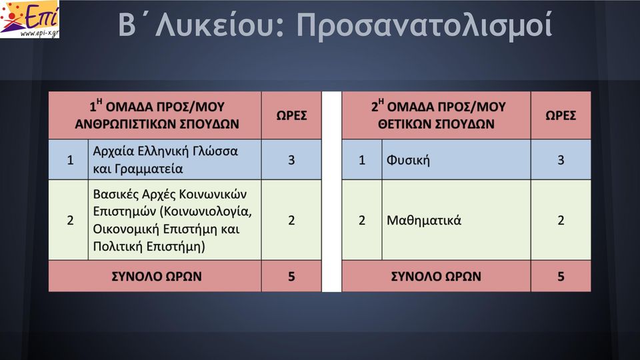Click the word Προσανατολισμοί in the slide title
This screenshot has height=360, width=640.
pyautogui.click(x=425, y=25)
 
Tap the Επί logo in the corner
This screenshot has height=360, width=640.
pyautogui.click(x=30, y=19)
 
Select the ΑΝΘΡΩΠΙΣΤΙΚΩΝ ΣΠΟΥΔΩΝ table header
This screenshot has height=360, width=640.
pyautogui.click(x=157, y=115)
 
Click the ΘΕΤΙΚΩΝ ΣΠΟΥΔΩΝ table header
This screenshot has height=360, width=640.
pyautogui.click(x=436, y=115)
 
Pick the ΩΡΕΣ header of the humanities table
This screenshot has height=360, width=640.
pyautogui.click(x=291, y=115)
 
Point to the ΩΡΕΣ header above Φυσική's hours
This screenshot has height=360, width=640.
pyautogui.click(x=561, y=115)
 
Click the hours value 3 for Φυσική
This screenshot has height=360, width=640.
pyautogui.click(x=561, y=160)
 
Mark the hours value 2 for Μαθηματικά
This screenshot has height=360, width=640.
pyautogui.click(x=561, y=221)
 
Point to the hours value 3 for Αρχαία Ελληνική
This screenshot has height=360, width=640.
pyautogui.click(x=291, y=160)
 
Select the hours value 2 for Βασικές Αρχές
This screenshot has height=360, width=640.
pyautogui.click(x=291, y=221)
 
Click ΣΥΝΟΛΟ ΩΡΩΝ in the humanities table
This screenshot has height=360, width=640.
pyautogui.click(x=157, y=276)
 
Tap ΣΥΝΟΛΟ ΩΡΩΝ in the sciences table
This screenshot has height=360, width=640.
pyautogui.click(x=436, y=276)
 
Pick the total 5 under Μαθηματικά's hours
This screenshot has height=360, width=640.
pyautogui.click(x=561, y=276)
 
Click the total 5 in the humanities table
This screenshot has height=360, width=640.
pyautogui.click(x=291, y=276)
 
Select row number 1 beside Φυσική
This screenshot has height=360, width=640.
pyautogui.click(x=362, y=160)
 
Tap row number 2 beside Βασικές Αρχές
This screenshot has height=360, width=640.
pyautogui.click(x=70, y=221)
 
